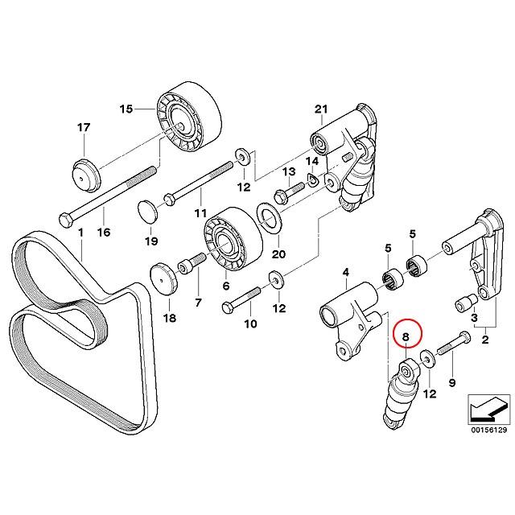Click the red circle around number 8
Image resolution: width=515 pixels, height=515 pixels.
[x=406, y=339]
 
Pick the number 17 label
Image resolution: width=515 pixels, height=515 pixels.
[x=84, y=127]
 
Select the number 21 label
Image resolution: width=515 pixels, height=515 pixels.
[x=322, y=109]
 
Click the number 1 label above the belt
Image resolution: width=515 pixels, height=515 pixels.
[x=80, y=232]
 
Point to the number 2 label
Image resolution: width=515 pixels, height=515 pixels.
[x=485, y=341]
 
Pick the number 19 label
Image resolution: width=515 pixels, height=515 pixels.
[x=151, y=241]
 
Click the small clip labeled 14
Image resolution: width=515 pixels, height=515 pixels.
[x=311, y=179]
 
